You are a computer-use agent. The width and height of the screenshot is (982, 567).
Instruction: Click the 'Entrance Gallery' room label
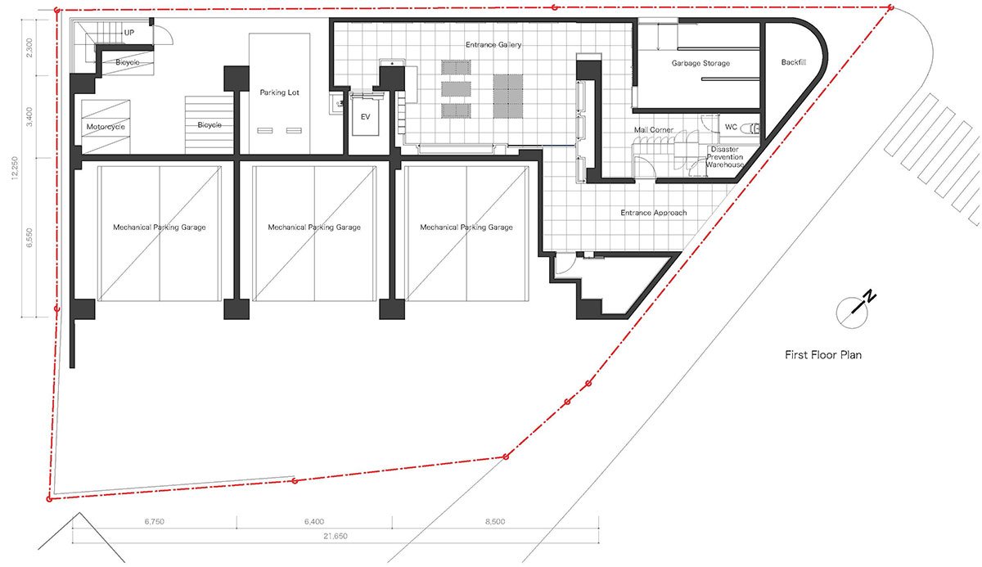point(493,45)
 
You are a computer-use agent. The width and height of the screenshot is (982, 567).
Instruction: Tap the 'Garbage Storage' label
point(700,63)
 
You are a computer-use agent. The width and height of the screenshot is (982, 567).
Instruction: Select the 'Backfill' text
point(794,62)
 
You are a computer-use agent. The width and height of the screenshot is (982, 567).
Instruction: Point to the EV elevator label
point(365,117)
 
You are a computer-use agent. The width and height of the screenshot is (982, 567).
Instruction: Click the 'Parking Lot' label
point(279,92)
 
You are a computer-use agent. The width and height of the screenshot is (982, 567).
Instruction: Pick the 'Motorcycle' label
point(106,127)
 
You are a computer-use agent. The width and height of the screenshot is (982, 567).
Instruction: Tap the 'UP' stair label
point(129,33)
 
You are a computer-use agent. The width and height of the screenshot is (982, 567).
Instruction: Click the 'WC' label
point(731,127)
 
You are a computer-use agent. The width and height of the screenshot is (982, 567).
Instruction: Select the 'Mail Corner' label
point(654,130)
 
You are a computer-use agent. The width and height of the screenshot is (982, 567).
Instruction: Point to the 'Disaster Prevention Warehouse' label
point(725,157)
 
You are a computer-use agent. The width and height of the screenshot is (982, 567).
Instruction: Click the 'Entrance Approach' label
point(654,213)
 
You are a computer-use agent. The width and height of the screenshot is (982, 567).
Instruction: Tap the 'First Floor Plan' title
point(823,354)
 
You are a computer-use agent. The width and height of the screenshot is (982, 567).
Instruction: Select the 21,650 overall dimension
point(336,536)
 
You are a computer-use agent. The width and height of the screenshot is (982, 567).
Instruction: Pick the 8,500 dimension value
point(495,521)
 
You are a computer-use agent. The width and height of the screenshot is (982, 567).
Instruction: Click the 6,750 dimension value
point(155,521)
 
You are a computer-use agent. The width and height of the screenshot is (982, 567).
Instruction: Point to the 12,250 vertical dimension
point(16,168)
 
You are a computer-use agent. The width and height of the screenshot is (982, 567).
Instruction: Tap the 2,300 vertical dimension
point(29,47)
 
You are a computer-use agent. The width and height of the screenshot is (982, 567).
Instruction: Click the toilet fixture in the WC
point(750,128)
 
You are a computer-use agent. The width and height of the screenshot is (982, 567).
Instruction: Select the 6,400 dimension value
point(314,521)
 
